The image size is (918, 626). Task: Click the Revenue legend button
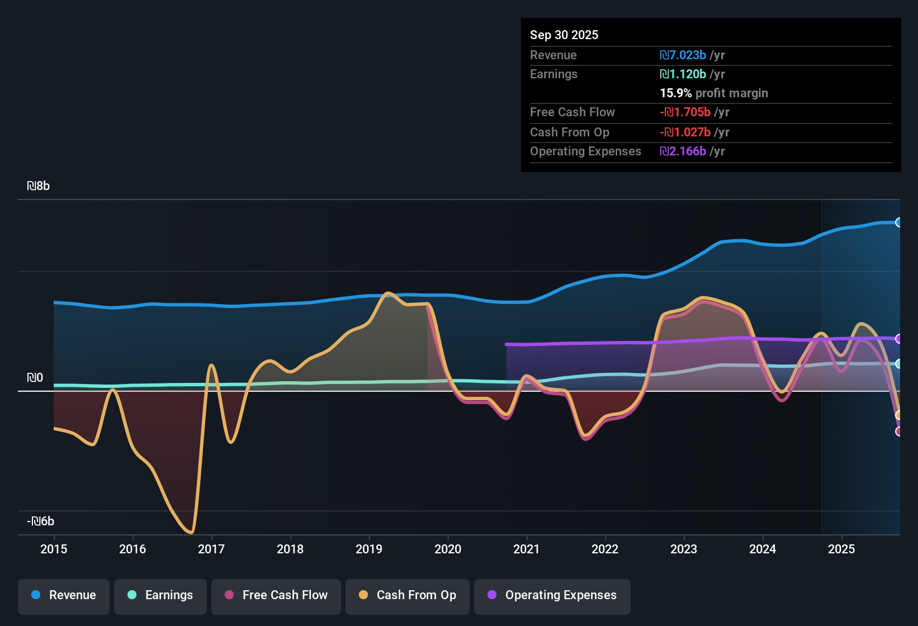click(x=64, y=595)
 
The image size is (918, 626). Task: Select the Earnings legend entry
click(x=160, y=595)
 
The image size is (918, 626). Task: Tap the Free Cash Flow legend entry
click(x=276, y=595)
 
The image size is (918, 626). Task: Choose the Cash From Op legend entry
click(x=408, y=595)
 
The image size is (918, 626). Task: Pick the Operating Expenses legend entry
click(x=552, y=595)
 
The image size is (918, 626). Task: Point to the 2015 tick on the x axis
click(x=54, y=549)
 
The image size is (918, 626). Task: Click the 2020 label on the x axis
click(x=448, y=549)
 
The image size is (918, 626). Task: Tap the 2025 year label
click(x=841, y=549)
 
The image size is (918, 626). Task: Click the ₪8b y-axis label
click(x=38, y=186)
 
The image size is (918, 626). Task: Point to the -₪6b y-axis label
click(x=40, y=521)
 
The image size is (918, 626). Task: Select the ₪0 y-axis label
click(x=35, y=378)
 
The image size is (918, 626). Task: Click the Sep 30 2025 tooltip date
click(x=564, y=35)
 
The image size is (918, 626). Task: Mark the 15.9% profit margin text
click(x=714, y=93)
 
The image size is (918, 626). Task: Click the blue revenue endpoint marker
click(x=898, y=222)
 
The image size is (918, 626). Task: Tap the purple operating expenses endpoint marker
click(x=898, y=339)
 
